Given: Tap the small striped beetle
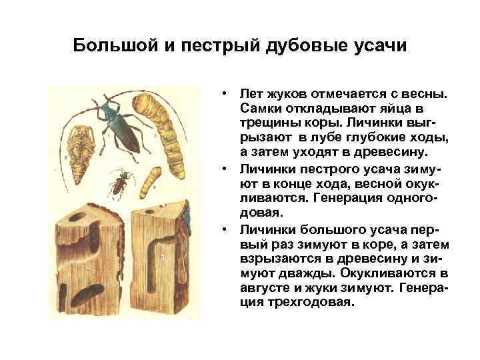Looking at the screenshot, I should click(x=119, y=181).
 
